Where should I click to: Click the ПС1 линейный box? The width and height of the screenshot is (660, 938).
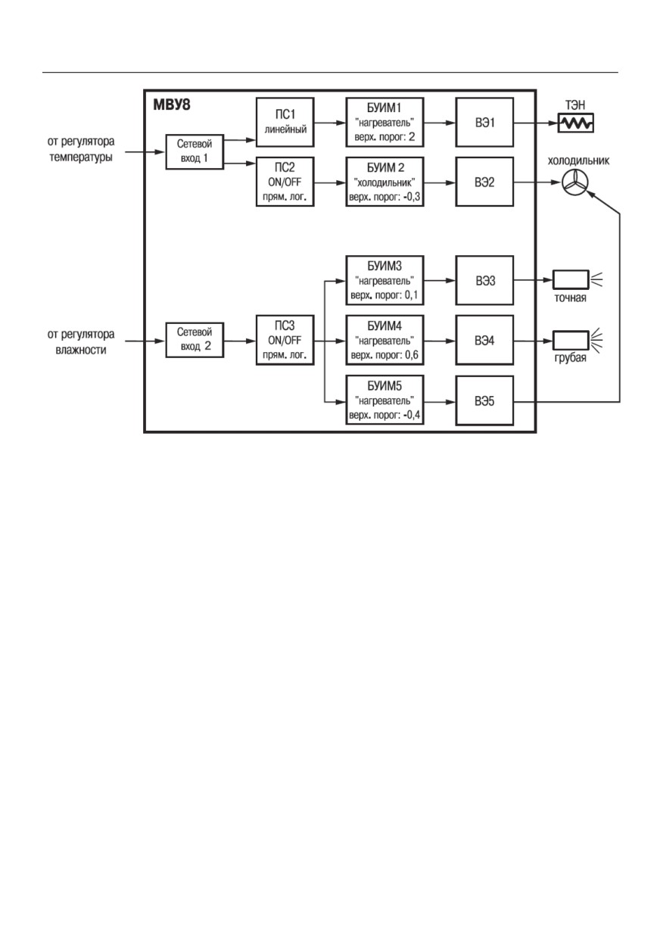tap(285, 123)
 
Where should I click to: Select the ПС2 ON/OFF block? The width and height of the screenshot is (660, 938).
tap(285, 182)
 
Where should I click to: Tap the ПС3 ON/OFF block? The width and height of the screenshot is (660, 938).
tap(285, 340)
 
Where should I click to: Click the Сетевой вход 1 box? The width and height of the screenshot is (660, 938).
tap(195, 151)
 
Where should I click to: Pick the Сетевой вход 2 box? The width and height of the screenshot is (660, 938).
tap(195, 340)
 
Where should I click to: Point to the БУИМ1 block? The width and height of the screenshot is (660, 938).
tap(384, 123)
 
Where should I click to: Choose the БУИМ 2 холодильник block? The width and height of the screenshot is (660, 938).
tap(384, 182)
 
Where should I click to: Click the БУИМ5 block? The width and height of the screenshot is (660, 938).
tap(384, 400)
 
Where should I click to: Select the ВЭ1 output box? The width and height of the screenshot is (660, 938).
tap(484, 123)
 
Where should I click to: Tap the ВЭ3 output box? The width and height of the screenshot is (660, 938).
tap(484, 280)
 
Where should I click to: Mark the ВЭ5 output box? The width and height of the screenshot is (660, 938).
tap(484, 400)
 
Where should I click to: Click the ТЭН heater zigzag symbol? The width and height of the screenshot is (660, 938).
tap(576, 123)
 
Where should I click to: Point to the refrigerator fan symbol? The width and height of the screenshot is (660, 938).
tap(574, 182)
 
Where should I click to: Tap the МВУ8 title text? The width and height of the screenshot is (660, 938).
tap(172, 104)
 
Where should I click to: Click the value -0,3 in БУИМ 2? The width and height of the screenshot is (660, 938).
tap(413, 197)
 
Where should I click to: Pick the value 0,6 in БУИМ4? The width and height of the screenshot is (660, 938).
tap(412, 355)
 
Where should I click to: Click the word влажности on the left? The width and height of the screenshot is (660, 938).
tap(81, 350)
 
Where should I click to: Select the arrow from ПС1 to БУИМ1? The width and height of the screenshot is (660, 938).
tap(330, 123)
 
